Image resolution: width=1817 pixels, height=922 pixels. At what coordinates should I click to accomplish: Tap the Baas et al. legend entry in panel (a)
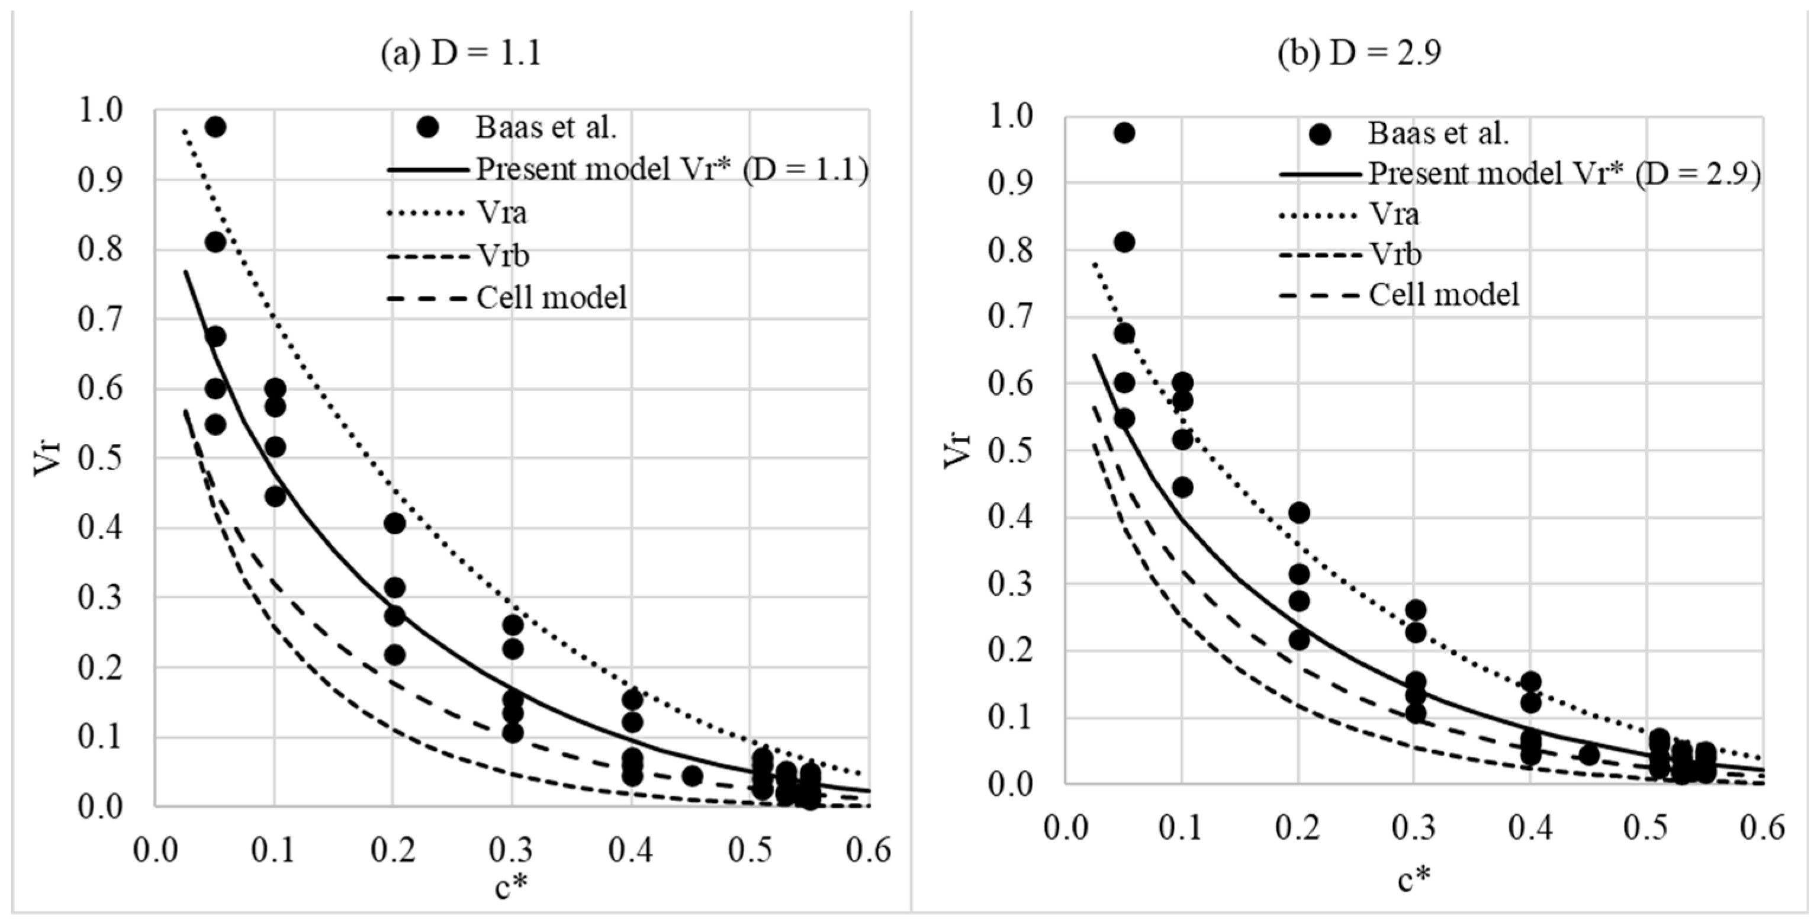546,128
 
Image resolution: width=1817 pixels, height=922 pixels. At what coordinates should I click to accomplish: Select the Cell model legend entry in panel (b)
1443,294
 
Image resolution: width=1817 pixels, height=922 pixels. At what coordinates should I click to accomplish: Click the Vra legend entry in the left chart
501,213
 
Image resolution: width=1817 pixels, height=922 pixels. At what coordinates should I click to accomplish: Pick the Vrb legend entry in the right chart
1394,254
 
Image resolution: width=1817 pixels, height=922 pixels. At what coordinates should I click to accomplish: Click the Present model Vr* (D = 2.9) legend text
1564,174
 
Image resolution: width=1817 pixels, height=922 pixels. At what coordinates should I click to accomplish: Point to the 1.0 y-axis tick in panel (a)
100,111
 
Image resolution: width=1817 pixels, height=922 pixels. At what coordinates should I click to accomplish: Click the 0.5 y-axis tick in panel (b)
1009,451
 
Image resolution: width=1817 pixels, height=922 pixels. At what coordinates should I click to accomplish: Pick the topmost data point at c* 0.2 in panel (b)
1298,512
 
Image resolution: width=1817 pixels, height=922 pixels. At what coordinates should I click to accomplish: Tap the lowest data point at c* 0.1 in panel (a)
275,496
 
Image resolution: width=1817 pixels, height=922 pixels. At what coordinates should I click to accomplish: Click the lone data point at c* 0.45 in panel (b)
1588,755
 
